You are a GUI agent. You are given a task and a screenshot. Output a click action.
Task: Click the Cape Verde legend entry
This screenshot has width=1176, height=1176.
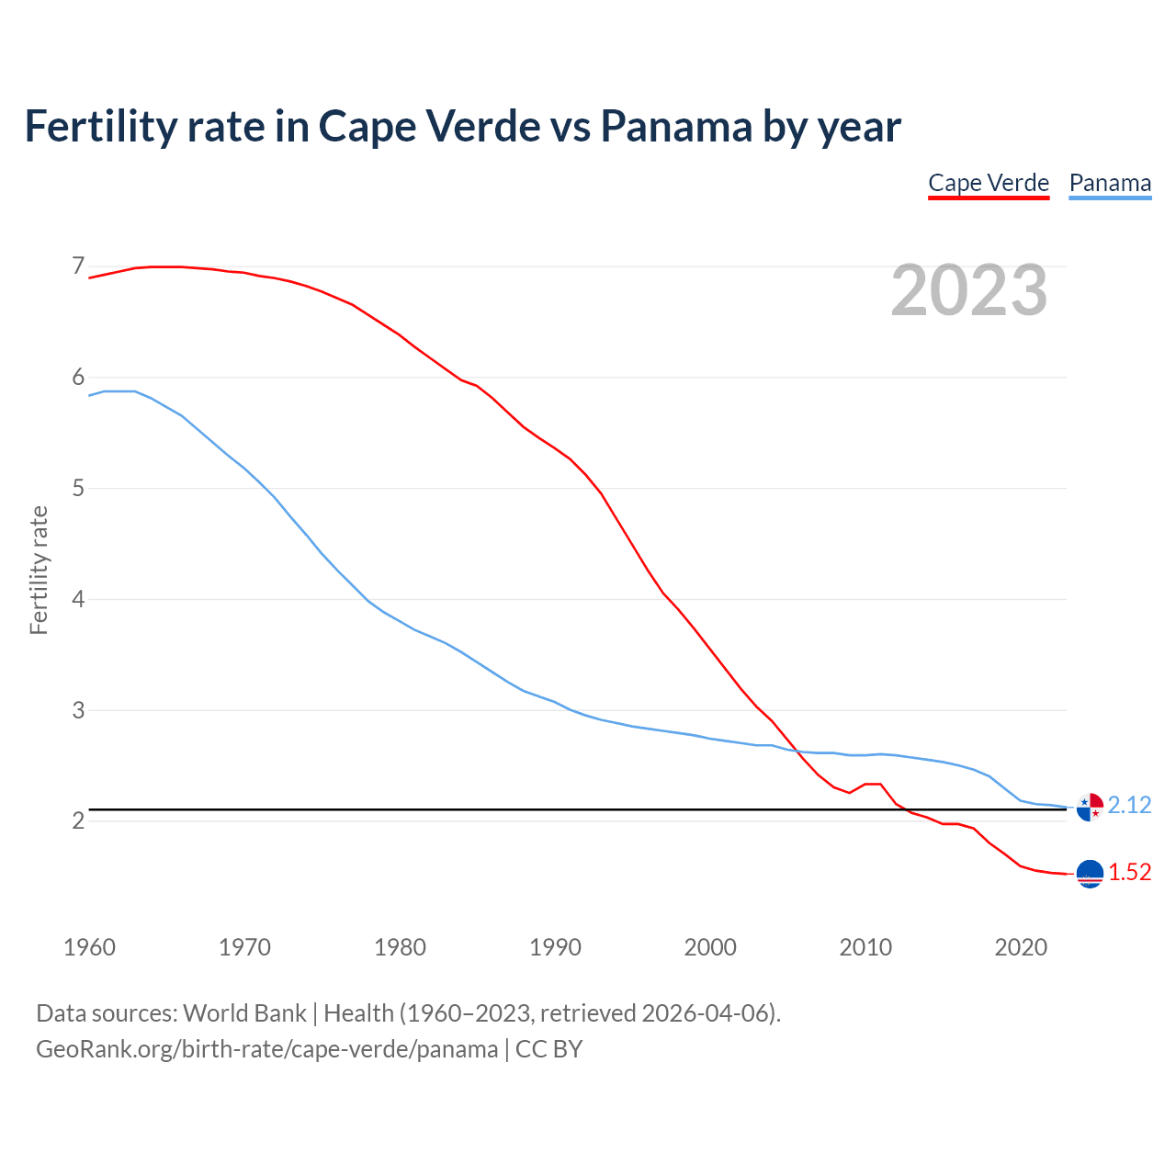tap(989, 183)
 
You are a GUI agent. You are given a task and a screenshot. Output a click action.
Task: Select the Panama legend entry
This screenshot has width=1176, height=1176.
tap(1110, 183)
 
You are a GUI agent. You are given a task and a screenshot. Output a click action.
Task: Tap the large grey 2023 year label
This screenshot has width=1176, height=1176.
tap(969, 290)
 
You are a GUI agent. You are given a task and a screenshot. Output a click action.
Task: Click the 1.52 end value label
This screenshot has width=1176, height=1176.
tap(1129, 872)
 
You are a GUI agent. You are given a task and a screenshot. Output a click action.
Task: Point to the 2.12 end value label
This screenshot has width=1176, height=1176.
tap(1129, 805)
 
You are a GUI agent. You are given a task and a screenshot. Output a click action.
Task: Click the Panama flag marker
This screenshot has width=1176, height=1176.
tap(1090, 807)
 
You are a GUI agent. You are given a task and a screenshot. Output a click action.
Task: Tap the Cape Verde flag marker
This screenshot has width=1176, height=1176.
tap(1090, 874)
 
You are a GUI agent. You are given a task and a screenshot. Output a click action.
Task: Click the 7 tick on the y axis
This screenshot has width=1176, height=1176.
tap(78, 266)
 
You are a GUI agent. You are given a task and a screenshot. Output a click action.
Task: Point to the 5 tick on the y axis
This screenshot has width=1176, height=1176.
tap(78, 488)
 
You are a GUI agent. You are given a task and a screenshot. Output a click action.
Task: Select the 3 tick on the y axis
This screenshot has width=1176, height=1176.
tap(78, 710)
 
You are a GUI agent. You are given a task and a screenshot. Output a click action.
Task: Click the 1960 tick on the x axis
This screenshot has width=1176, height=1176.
tap(89, 947)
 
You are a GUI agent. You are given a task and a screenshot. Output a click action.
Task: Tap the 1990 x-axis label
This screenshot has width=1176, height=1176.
tap(555, 947)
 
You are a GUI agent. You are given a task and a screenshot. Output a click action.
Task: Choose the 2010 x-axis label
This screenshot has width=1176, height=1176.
tap(865, 947)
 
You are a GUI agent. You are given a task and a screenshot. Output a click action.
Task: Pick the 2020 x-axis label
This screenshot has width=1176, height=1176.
tap(1021, 947)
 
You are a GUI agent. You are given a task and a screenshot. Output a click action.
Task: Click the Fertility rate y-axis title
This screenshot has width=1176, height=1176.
tap(39, 570)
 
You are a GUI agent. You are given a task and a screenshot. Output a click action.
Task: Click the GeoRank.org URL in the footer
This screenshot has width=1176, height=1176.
tap(266, 1049)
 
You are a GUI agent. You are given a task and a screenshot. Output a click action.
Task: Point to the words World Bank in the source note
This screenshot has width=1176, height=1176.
tap(244, 1013)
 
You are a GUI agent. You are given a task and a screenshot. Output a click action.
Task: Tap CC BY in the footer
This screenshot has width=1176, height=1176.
tap(548, 1049)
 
